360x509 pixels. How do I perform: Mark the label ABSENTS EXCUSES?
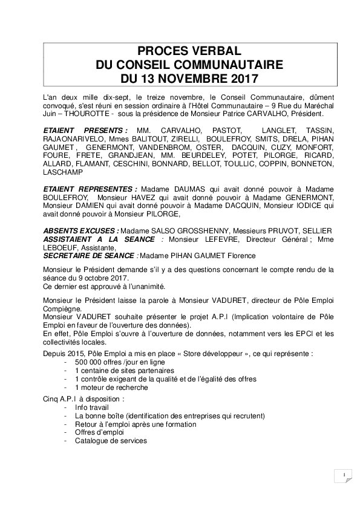81,231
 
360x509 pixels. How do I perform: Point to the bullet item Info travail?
91,408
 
